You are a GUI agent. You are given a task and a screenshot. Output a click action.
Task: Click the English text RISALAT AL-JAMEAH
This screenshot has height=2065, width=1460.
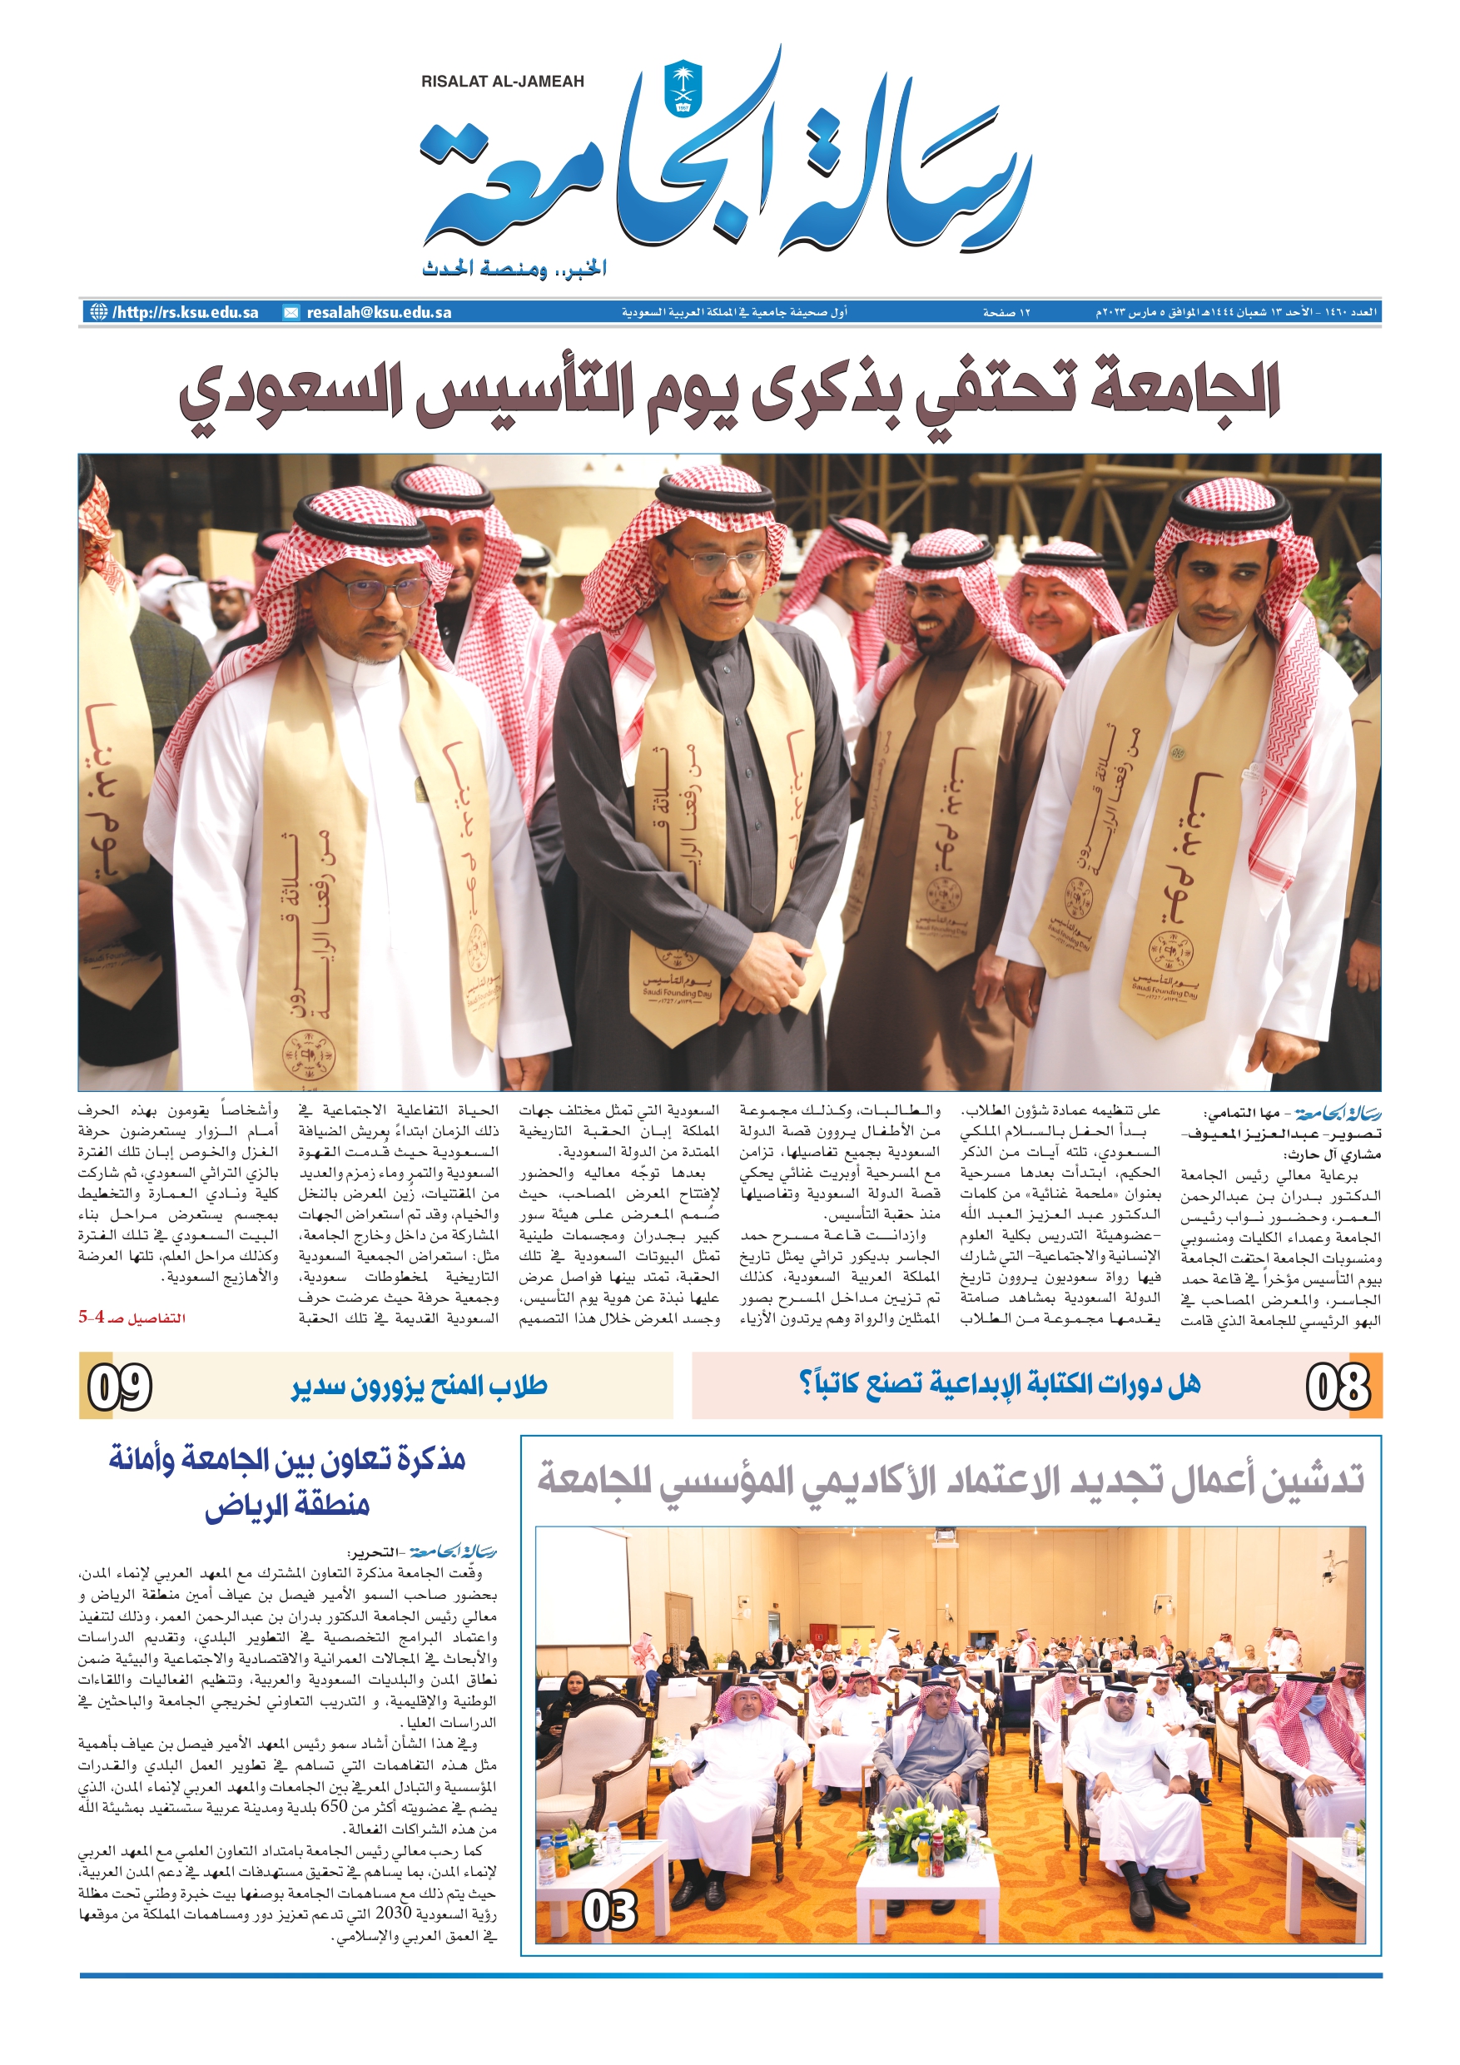[x=502, y=82]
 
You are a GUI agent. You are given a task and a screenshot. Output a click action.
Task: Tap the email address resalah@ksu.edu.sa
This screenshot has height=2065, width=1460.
[x=379, y=313]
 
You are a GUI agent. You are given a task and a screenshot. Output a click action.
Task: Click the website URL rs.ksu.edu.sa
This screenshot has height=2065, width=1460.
[x=186, y=313]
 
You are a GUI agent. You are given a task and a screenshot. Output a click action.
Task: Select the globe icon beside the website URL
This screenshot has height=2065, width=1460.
[x=97, y=312]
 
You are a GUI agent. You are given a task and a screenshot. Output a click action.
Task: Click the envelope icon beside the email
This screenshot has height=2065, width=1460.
[x=291, y=313]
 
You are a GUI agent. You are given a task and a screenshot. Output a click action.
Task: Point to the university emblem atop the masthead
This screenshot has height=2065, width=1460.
[x=682, y=87]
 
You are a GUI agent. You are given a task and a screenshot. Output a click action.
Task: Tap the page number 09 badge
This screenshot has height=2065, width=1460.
[x=119, y=1386]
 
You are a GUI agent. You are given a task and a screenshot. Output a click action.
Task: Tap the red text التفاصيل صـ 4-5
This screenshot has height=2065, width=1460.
[x=132, y=1318]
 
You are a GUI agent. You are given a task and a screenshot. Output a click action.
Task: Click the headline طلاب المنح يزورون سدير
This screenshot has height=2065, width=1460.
[x=420, y=1386]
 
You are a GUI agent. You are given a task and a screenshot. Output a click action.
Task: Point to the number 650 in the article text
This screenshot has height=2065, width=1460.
[x=334, y=1807]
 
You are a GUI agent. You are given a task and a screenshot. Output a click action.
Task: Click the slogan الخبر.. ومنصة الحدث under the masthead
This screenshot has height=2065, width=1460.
[x=514, y=268]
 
